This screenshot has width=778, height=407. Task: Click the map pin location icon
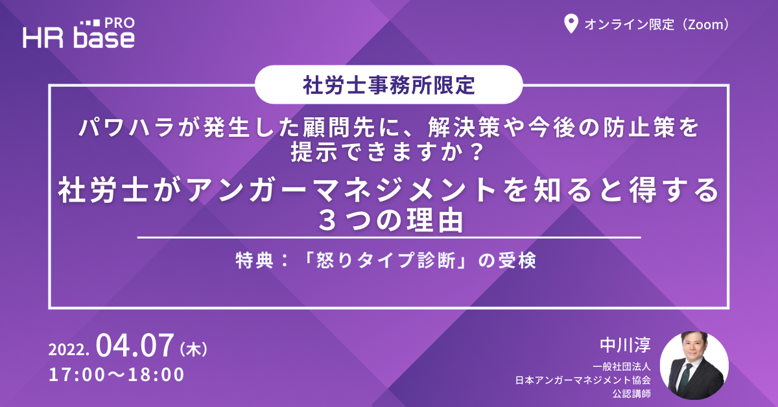click(x=571, y=23)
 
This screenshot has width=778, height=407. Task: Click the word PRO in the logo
click(x=119, y=23)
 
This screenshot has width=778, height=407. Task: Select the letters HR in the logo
click(x=43, y=38)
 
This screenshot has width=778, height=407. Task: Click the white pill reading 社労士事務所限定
click(x=388, y=84)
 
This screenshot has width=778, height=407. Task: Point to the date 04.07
click(x=135, y=345)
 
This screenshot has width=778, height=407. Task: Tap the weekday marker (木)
click(x=193, y=349)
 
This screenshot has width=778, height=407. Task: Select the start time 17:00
click(x=77, y=375)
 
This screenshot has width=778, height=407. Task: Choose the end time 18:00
click(x=156, y=375)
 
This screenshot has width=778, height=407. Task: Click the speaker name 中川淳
click(x=625, y=345)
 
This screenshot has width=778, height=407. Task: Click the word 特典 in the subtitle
click(x=255, y=261)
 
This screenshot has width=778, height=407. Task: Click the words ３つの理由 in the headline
click(x=390, y=220)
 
